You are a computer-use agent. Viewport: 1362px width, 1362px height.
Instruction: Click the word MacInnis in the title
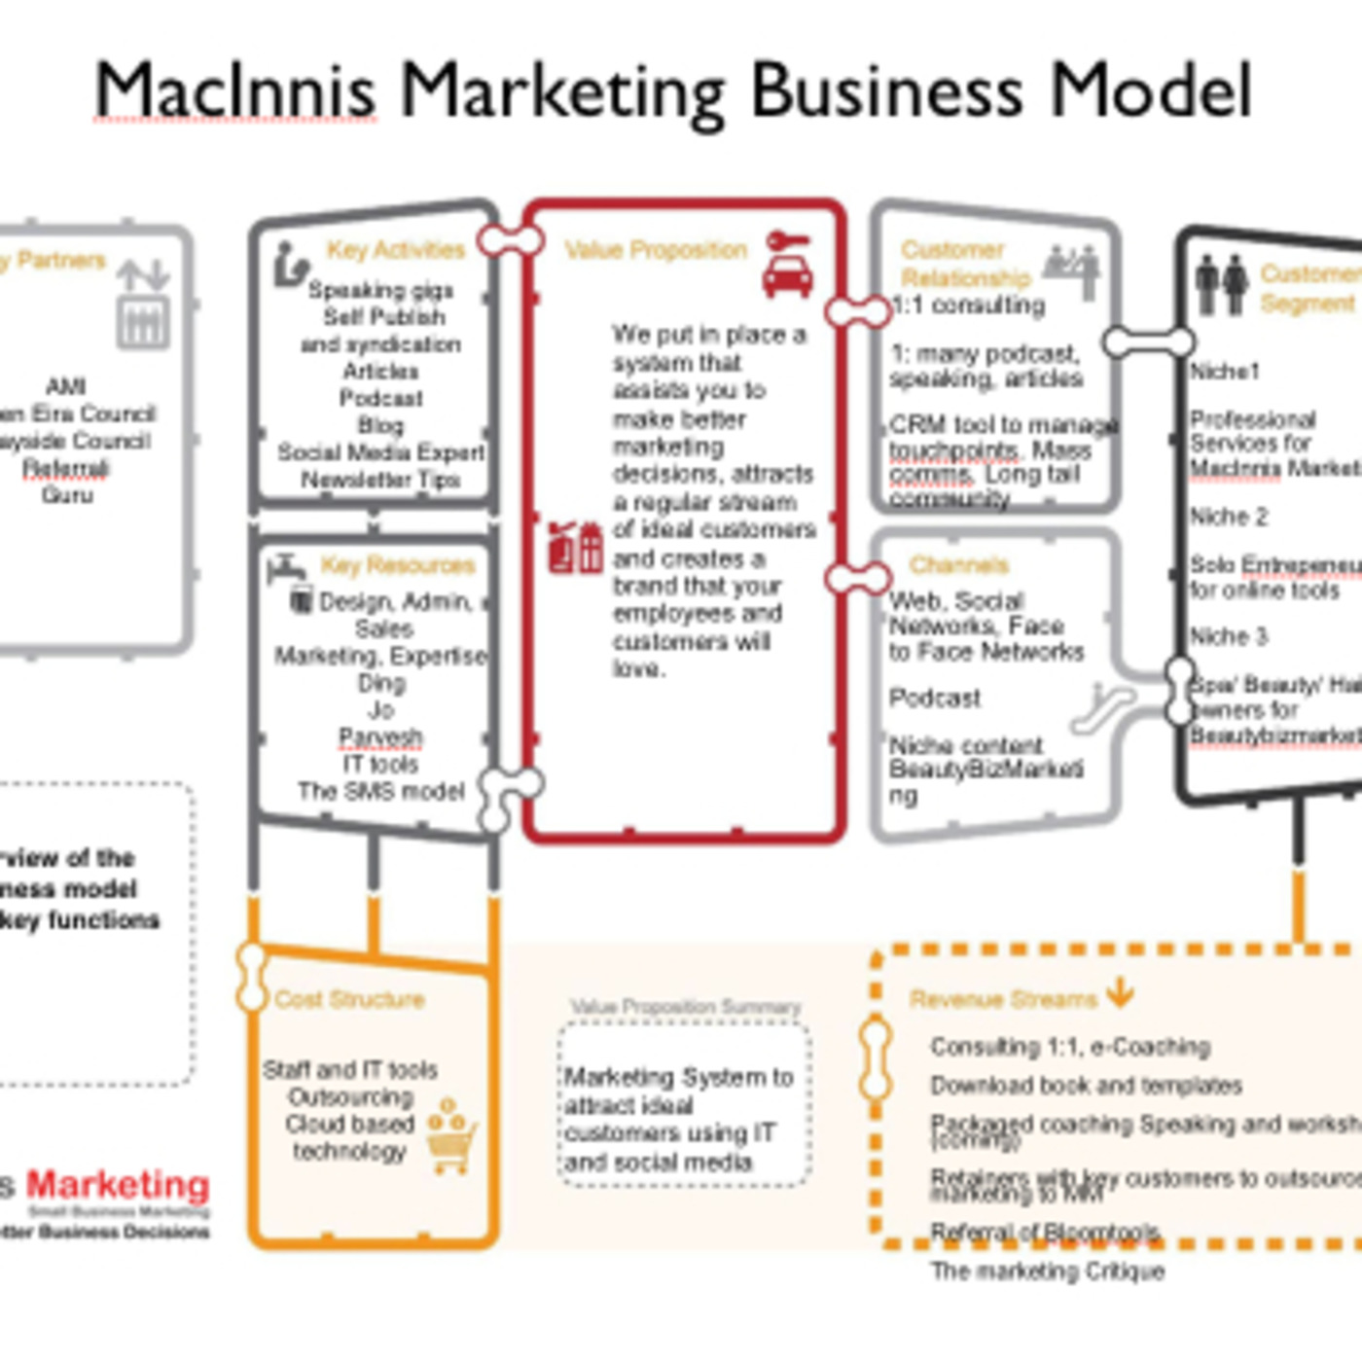[234, 90]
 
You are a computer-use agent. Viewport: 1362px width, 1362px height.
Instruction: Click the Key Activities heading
[396, 250]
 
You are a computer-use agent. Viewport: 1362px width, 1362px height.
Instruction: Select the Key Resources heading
[398, 565]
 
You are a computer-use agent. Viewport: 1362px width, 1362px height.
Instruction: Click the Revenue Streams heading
[1003, 999]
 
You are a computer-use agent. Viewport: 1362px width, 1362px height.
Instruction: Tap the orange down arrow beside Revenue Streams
[1121, 992]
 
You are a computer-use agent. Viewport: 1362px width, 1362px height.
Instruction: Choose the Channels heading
[958, 565]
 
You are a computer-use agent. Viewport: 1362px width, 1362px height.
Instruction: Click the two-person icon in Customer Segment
[1221, 283]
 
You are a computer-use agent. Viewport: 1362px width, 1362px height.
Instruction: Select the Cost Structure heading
[349, 999]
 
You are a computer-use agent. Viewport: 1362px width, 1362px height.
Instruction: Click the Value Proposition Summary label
[685, 1007]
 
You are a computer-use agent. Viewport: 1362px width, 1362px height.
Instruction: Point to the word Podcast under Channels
[935, 698]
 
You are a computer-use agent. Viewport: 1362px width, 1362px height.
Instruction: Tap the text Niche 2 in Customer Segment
[1229, 517]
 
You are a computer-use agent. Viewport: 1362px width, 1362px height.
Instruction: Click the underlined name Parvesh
[380, 737]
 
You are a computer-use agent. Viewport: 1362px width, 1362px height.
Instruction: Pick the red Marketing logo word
[118, 1185]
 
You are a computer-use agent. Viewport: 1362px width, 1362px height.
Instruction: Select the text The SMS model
[381, 791]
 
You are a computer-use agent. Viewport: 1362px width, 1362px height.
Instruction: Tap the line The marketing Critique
[1047, 1271]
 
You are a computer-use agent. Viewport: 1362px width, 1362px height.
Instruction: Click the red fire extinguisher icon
[575, 550]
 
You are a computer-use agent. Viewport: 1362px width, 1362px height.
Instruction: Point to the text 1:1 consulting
[968, 305]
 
